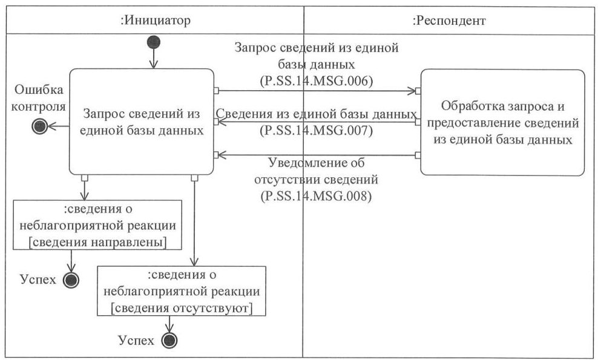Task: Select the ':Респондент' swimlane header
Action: pyautogui.click(x=449, y=21)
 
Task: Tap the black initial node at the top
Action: pyautogui.click(x=154, y=42)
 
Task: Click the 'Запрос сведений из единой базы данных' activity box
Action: pyautogui.click(x=142, y=121)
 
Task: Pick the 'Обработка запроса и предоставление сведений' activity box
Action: pyautogui.click(x=502, y=123)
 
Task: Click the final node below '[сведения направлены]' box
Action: pyautogui.click(x=72, y=280)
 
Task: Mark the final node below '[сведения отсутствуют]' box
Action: pyautogui.click(x=170, y=341)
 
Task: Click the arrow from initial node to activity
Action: pyautogui.click(x=154, y=59)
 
